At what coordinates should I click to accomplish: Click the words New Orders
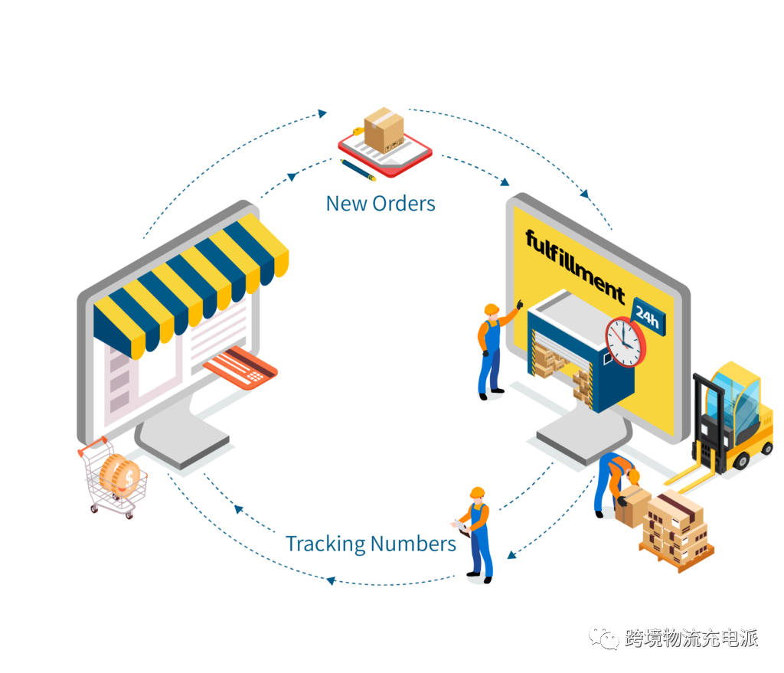click(x=381, y=204)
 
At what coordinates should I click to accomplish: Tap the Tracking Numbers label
click(x=371, y=544)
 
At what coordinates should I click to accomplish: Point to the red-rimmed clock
click(x=625, y=341)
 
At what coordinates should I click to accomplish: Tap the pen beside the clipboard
click(x=359, y=171)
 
